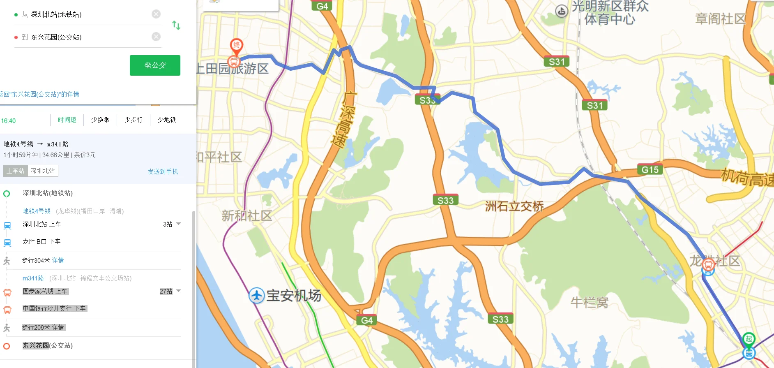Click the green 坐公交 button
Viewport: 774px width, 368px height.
point(155,65)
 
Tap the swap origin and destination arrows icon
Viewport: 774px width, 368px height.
point(176,25)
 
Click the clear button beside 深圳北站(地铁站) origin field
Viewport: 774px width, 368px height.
point(156,14)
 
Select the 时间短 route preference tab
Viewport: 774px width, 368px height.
point(67,120)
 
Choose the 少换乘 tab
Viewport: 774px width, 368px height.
point(100,120)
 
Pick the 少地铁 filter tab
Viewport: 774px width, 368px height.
point(167,120)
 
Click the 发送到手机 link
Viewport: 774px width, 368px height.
point(163,171)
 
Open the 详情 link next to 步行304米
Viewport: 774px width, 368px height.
point(58,260)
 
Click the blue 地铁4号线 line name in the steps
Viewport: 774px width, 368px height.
point(37,211)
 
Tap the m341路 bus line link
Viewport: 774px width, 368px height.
point(33,278)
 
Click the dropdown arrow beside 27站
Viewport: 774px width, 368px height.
point(179,291)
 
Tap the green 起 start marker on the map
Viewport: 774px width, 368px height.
point(749,339)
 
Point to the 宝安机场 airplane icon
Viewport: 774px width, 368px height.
point(257,295)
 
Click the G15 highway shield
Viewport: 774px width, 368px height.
point(650,170)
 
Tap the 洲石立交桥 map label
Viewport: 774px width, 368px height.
point(514,206)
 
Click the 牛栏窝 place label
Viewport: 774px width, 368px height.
point(589,303)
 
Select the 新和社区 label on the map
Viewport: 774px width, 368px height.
point(246,215)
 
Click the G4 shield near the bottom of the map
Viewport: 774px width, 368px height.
point(366,320)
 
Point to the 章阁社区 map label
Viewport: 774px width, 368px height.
point(720,19)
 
